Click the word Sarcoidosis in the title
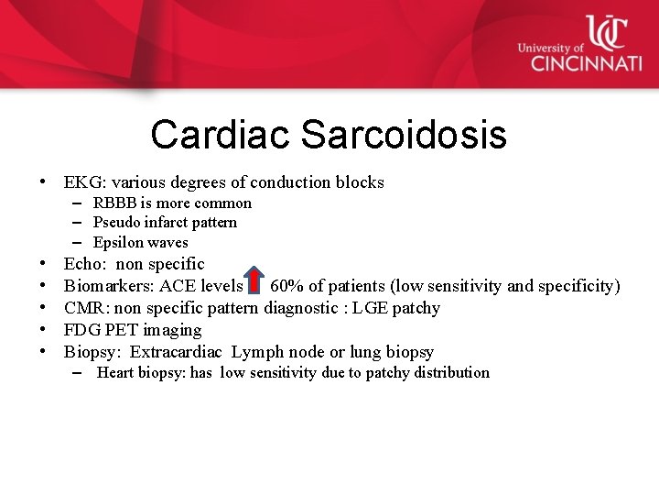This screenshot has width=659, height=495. pos(403,135)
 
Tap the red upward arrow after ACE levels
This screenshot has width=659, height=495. pos(256,285)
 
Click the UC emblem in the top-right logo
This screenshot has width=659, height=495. pos(605,32)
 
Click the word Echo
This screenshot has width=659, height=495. pos(82,264)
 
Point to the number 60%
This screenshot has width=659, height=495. pos(287,286)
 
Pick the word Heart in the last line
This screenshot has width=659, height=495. pos(117,373)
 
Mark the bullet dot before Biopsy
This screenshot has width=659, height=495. pos(44,352)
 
